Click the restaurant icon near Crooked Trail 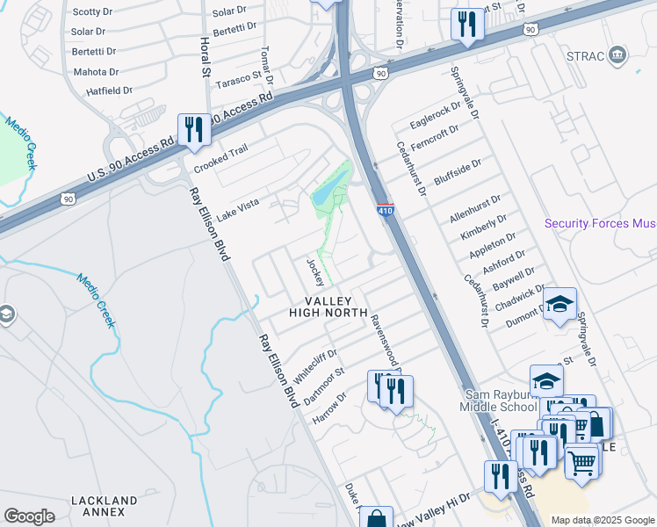coord(192,130)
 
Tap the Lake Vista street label coord(238,209)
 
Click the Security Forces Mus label coord(600,224)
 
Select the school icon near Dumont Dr coord(560,305)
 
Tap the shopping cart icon coord(581,460)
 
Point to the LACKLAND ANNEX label coord(104,506)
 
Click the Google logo coord(30,516)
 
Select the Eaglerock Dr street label coord(435,119)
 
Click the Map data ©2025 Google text coord(602,520)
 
